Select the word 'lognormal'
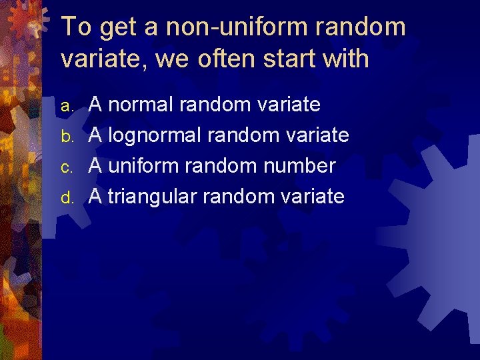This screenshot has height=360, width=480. pyautogui.click(x=154, y=135)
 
